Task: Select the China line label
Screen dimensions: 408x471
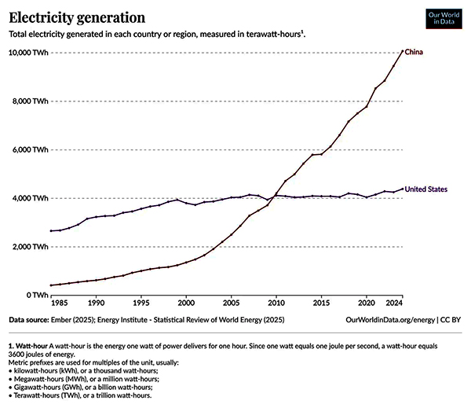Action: click(415, 52)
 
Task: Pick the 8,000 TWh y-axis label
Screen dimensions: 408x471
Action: click(29, 101)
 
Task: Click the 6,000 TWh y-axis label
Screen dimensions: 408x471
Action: click(29, 149)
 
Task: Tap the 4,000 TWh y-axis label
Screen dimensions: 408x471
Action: click(29, 198)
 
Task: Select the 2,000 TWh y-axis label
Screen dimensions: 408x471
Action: click(29, 247)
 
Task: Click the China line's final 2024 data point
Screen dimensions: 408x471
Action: click(403, 51)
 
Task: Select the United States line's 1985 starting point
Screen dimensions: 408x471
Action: click(51, 230)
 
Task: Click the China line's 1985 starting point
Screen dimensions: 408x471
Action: click(51, 285)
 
